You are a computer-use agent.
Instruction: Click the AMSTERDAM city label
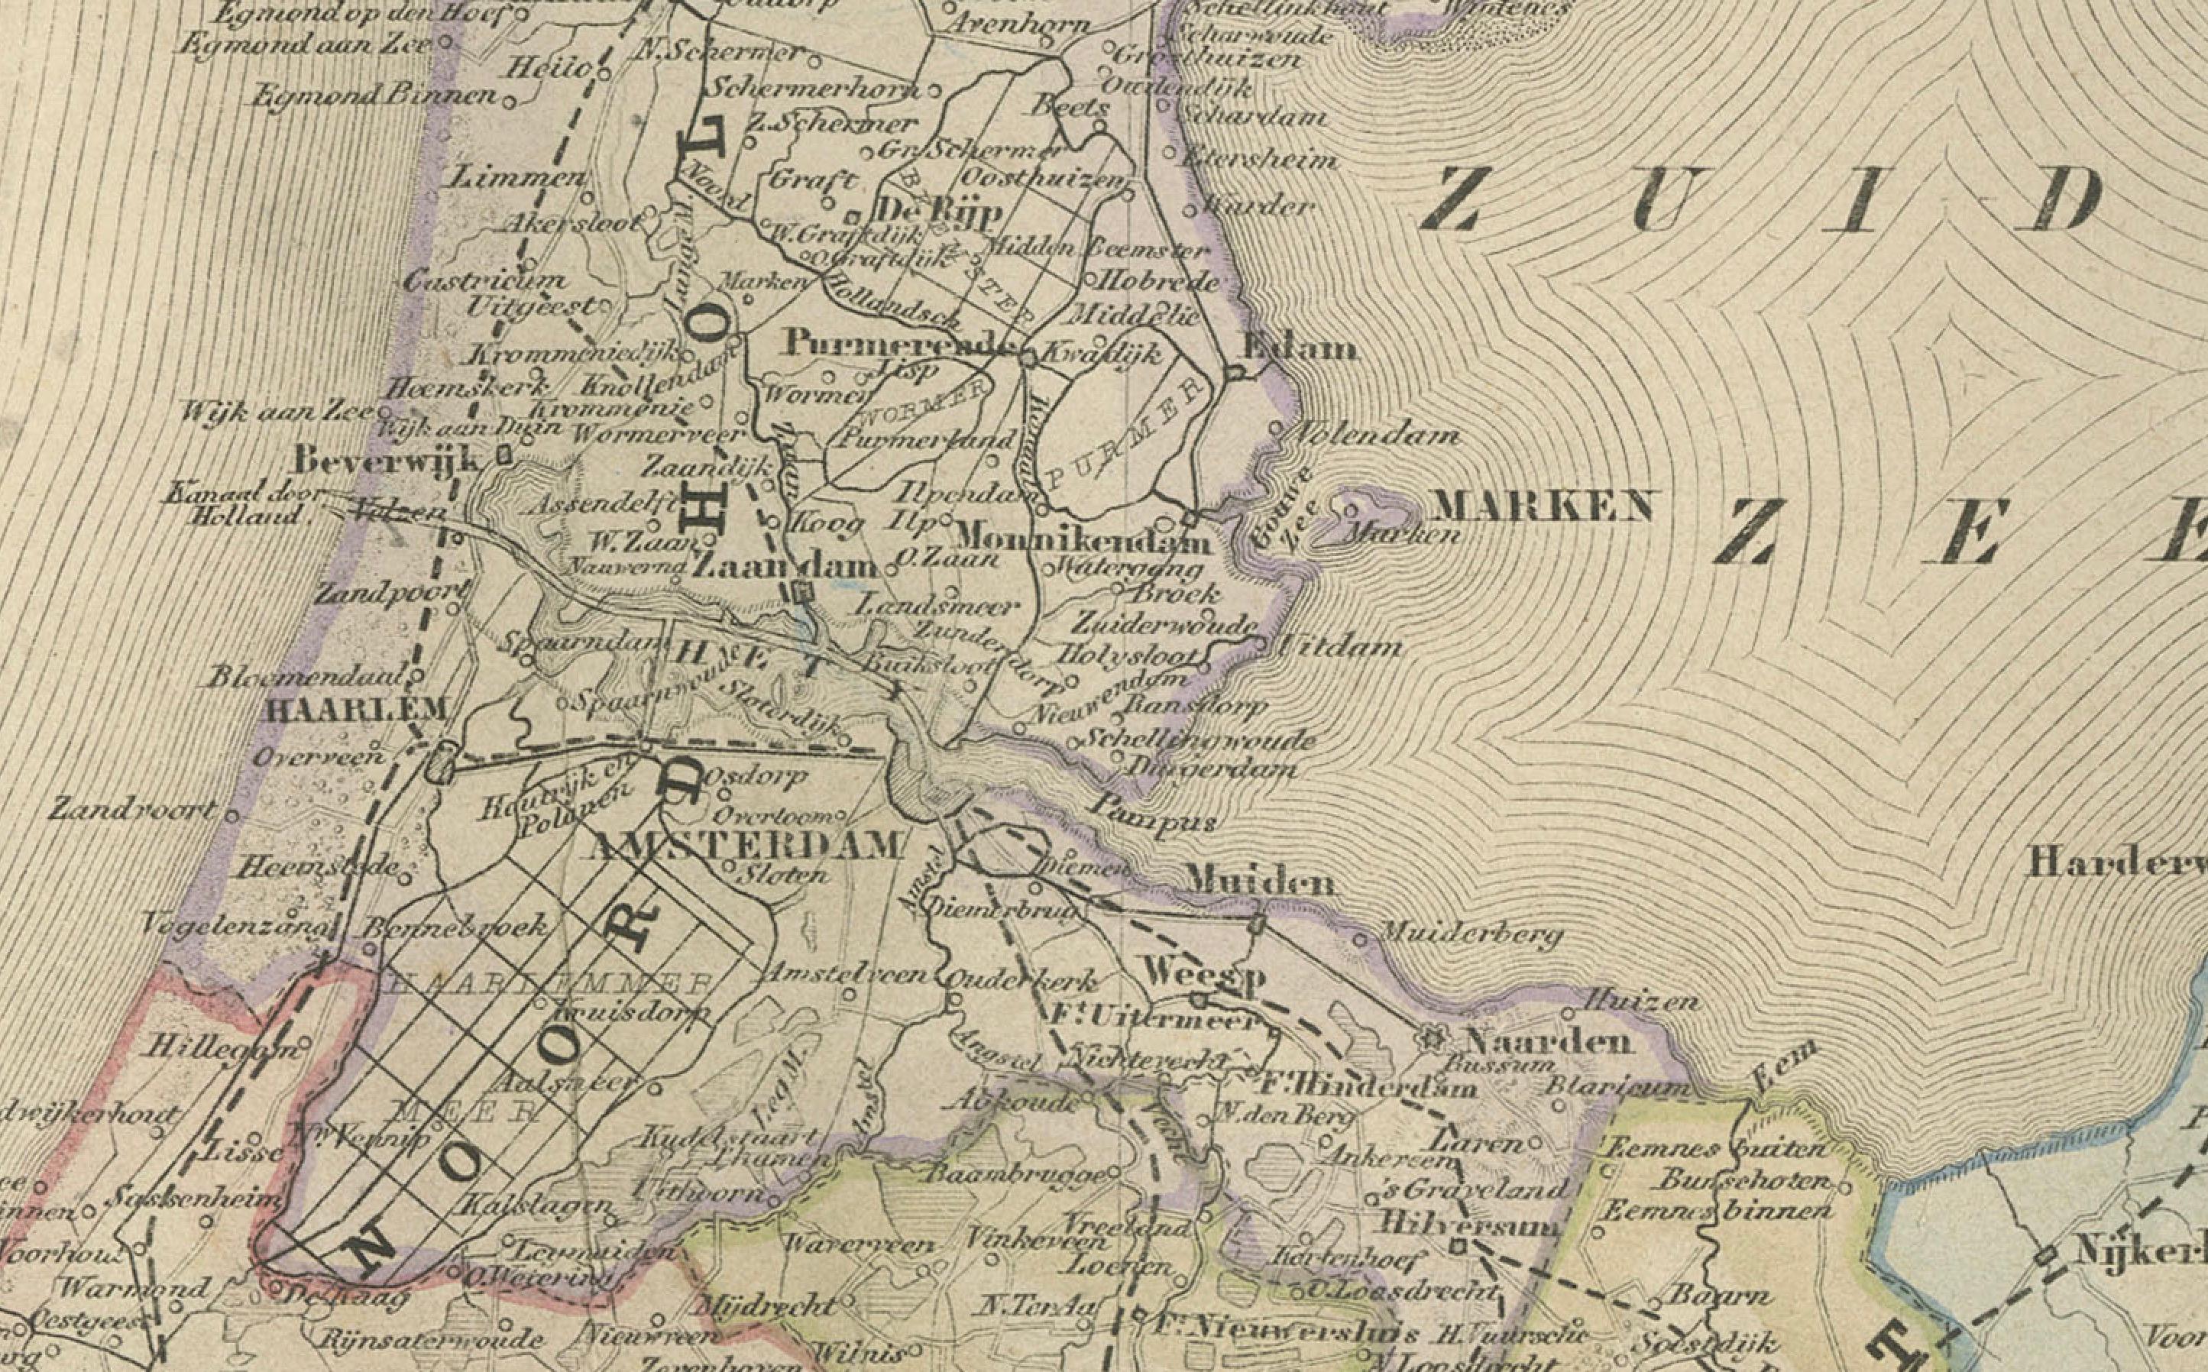[746, 845]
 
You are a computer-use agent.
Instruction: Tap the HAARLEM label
[355, 709]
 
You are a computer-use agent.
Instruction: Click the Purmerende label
[898, 343]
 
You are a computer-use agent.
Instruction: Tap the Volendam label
[1376, 435]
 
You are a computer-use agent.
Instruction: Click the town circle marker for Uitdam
[1260, 642]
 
